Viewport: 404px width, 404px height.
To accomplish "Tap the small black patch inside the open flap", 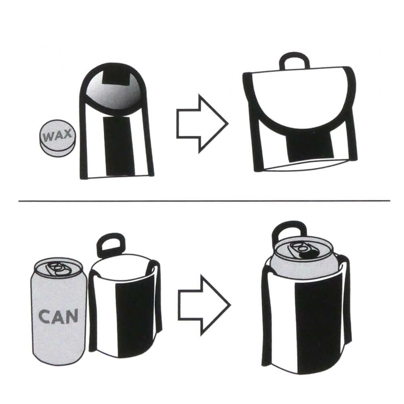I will tap(116, 77).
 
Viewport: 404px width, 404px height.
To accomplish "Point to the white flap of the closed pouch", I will tap(299, 97).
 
